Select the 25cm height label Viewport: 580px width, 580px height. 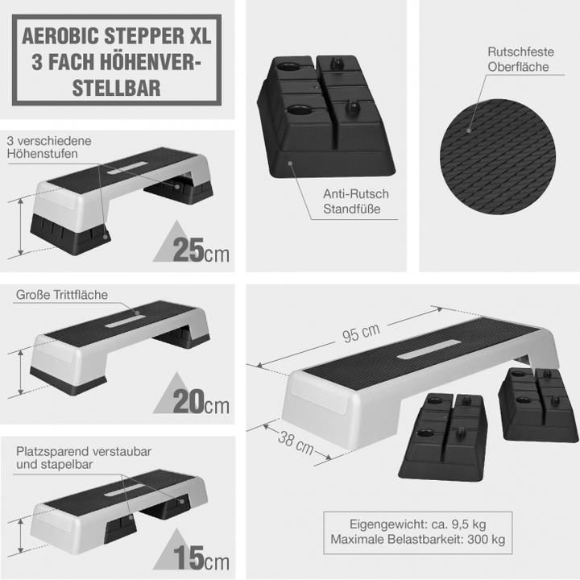coord(192,251)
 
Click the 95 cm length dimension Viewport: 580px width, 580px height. coord(361,330)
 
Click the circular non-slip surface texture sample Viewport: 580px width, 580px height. coord(499,153)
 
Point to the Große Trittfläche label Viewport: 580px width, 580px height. coord(61,295)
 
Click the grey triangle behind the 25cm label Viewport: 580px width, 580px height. coord(164,246)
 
